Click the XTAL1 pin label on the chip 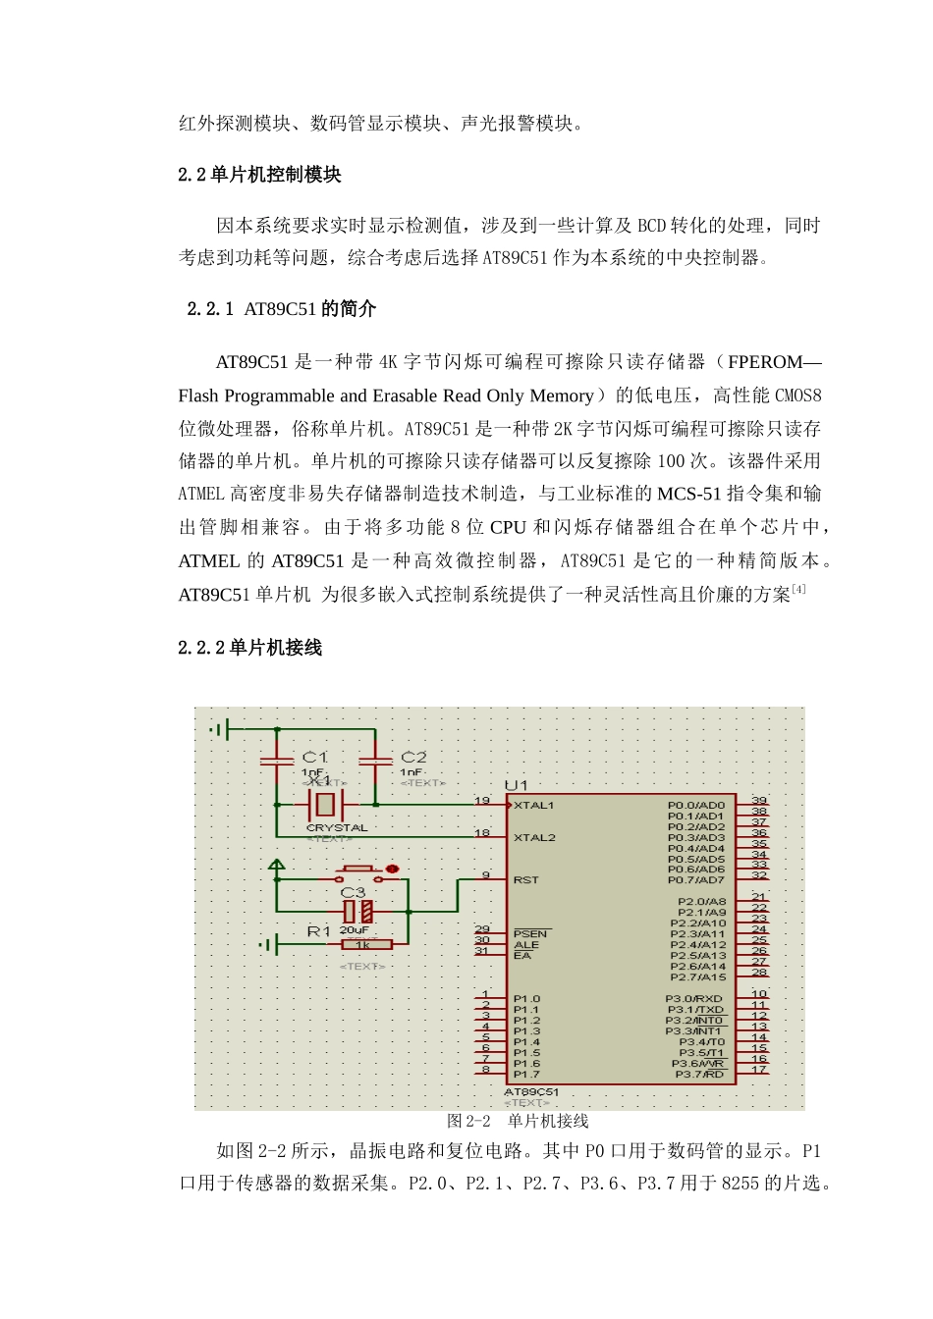pos(534,806)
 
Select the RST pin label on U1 pos(525,880)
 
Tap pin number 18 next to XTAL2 pos(482,833)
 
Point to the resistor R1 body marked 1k pos(365,945)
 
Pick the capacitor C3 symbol pos(357,912)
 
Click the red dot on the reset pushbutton pos(392,869)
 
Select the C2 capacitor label pos(413,757)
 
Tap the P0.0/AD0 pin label pos(695,806)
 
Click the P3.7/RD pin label pos(699,1075)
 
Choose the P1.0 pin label pos(526,999)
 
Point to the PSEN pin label pos(530,934)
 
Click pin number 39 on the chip pos(759,801)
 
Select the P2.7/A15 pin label pos(697,977)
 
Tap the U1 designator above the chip pos(516,785)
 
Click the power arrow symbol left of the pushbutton pos(277,866)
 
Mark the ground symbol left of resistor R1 pos(268,945)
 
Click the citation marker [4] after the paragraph pos(799,589)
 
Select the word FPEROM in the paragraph pos(765,362)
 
